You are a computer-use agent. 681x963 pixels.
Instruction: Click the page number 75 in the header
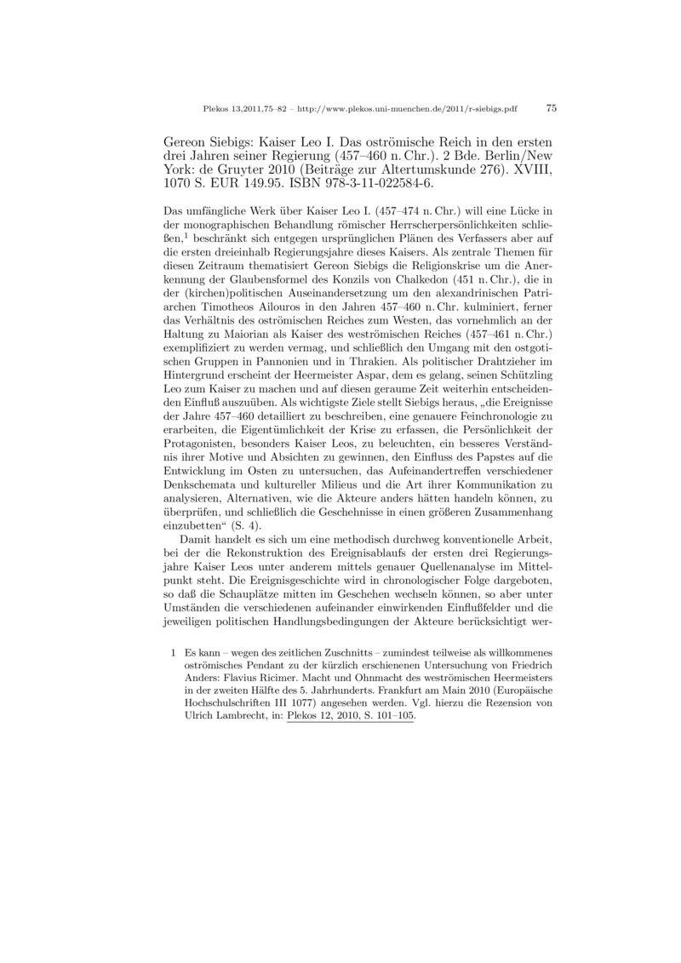point(551,108)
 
